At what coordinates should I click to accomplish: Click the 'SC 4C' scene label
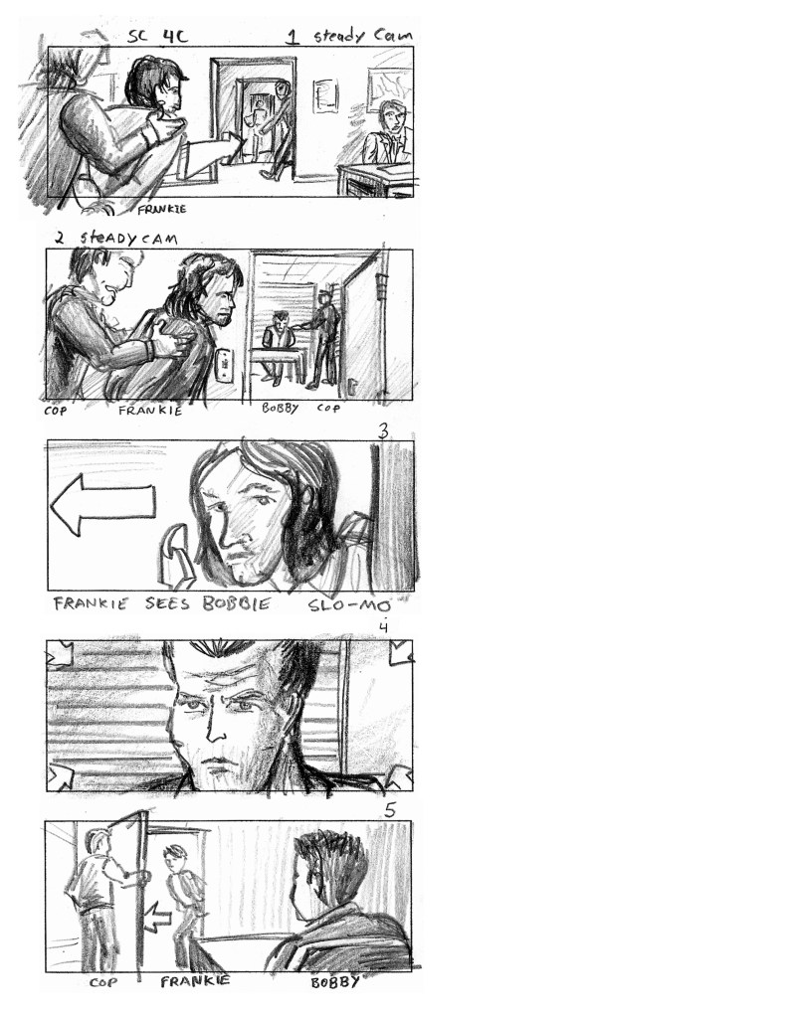coord(158,36)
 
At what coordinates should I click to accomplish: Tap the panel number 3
coord(384,430)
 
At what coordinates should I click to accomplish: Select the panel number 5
coord(390,810)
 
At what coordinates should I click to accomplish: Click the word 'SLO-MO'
coord(349,605)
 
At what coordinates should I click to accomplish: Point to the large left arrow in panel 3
coord(102,504)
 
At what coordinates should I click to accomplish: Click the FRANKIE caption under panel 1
coord(162,209)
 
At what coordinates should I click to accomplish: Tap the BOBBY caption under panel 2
coord(280,408)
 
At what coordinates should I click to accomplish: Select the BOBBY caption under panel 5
coord(335,981)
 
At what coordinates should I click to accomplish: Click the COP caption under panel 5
coord(103,982)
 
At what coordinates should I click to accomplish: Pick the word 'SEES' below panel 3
coord(167,603)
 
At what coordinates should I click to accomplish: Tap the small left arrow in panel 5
coord(157,917)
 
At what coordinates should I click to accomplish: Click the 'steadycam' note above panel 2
coord(128,238)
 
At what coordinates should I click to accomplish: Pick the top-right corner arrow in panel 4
coord(400,653)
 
